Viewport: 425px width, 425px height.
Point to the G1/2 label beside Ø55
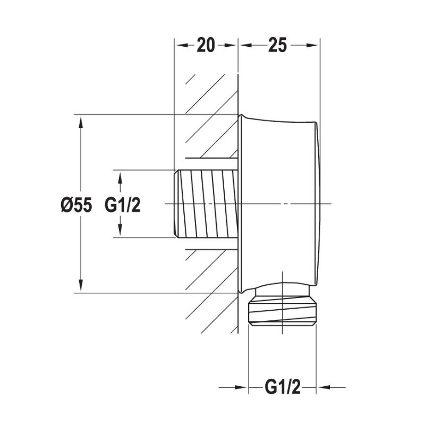pyautogui.click(x=122, y=205)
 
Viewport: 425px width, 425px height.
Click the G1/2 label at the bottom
pyautogui.click(x=283, y=388)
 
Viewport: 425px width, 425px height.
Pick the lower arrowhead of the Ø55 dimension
pyautogui.click(x=81, y=286)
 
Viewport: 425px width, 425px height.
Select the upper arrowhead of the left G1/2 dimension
pyautogui.click(x=121, y=177)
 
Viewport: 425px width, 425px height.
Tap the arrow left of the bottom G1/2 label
pyautogui.click(x=242, y=388)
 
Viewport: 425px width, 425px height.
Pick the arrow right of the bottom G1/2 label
pyautogui.click(x=324, y=388)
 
